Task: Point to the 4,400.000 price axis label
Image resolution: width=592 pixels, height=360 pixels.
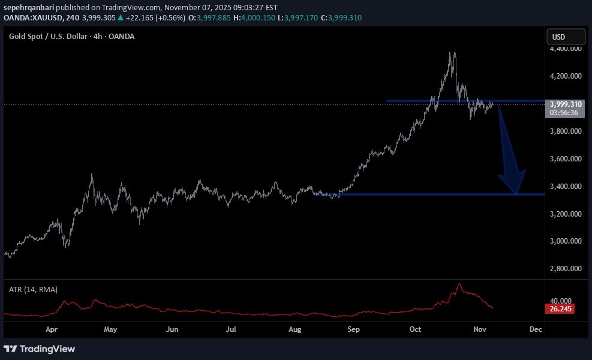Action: pos(566,49)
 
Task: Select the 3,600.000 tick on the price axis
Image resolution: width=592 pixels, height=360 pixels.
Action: pos(566,159)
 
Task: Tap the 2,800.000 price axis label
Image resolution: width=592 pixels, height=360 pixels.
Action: pos(566,269)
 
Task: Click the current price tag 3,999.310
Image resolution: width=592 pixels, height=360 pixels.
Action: pos(566,104)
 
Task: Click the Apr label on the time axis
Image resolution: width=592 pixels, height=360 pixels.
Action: pos(51,329)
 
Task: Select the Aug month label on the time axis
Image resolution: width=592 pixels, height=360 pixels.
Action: pos(294,329)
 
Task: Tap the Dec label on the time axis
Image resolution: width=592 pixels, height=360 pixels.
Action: pos(536,329)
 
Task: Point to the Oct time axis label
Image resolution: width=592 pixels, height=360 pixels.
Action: pos(416,329)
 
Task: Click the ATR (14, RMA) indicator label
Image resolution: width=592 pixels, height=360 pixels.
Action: pos(33,289)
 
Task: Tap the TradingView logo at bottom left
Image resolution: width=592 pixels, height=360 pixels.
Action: pos(40,349)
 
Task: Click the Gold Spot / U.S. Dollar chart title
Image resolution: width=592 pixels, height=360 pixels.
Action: pos(71,37)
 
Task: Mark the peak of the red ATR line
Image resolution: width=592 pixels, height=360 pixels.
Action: pos(459,284)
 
